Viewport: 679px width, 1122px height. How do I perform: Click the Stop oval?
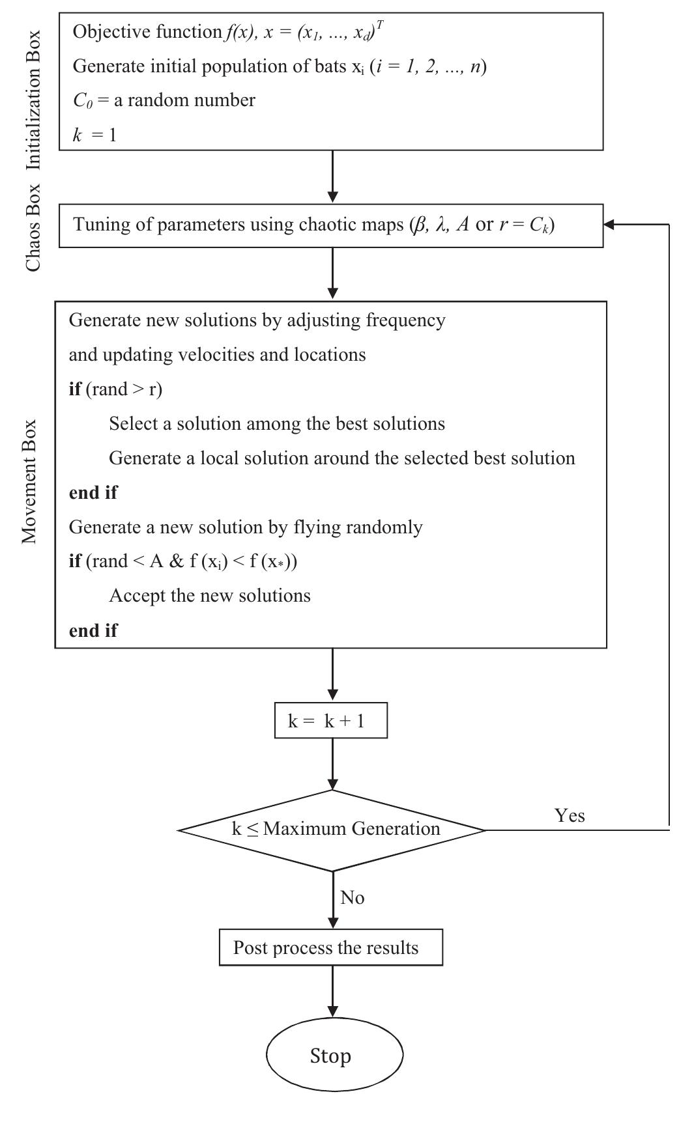334,1056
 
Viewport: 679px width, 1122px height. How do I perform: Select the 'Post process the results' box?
331,947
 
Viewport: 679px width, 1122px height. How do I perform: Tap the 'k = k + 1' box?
331,721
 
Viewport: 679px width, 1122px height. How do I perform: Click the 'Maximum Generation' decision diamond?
332,830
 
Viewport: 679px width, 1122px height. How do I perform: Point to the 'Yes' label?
570,815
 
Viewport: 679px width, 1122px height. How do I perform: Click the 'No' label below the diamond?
352,898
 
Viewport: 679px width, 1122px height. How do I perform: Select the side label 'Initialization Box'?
33,100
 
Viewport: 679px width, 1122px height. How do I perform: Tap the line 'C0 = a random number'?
164,100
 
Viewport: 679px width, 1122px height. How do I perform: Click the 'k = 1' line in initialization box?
94,135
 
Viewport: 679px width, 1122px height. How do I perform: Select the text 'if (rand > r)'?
115,389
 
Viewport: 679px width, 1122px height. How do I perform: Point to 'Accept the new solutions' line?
209,596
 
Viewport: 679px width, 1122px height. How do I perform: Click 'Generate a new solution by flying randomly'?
246,527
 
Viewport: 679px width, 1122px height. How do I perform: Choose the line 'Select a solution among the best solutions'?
276,424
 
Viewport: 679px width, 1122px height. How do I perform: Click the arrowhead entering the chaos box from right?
609,225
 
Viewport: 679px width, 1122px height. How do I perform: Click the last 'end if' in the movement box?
93,630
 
